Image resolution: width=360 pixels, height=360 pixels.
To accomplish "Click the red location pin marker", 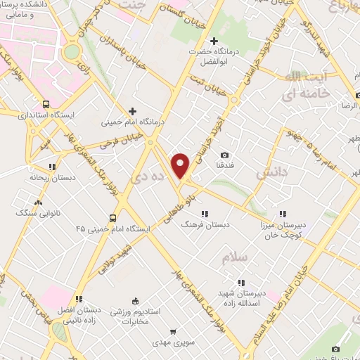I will [x=181, y=165].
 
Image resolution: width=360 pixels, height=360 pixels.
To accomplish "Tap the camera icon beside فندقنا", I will [x=224, y=155].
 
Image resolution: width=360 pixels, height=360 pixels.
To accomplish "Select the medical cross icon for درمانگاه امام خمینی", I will [x=133, y=110].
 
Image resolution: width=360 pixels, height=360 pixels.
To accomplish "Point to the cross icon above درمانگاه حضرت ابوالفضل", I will [x=214, y=41].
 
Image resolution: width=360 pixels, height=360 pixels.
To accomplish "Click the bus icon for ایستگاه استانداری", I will [x=46, y=103].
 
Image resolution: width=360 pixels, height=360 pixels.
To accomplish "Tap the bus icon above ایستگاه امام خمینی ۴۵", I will [x=113, y=217].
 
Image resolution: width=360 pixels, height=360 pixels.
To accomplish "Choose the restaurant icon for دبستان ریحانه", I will [x=51, y=167].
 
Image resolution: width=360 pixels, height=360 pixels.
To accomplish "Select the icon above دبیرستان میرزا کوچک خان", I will [x=283, y=214].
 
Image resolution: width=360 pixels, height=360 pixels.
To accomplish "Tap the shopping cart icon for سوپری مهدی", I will [x=172, y=330].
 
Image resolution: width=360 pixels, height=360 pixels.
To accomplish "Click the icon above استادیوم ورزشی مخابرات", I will [x=145, y=299].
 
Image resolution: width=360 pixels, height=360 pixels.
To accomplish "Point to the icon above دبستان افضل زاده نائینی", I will [x=80, y=299].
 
